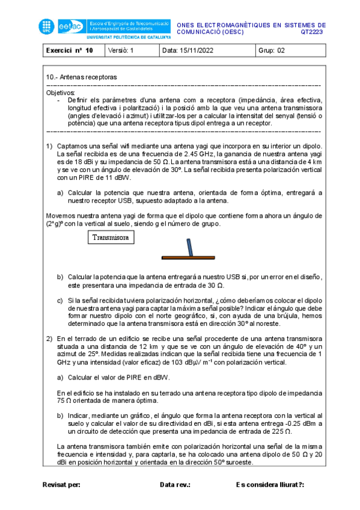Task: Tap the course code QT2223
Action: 313,33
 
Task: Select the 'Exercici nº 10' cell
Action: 70,51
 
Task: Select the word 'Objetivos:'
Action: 61,93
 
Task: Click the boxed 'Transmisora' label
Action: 111,238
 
